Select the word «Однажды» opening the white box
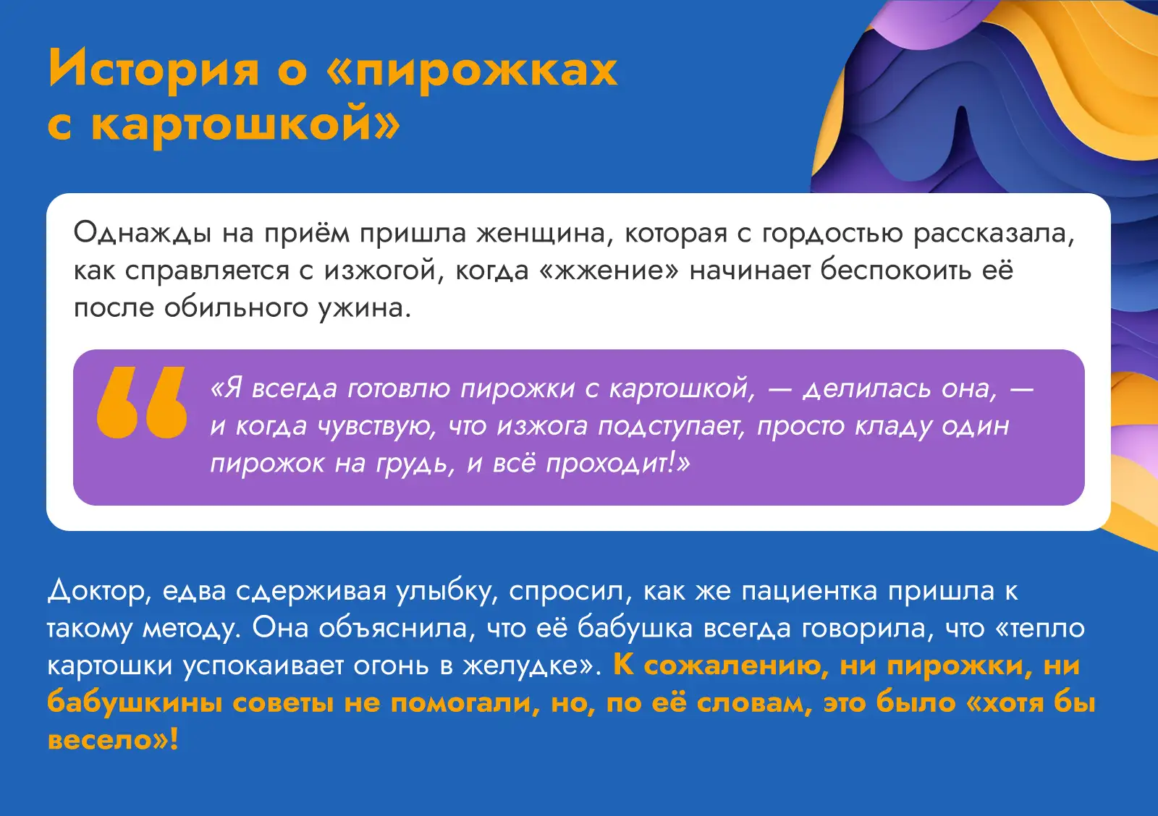coord(142,233)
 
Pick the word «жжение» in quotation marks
coord(611,271)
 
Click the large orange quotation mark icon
coord(142,402)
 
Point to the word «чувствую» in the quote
coord(376,427)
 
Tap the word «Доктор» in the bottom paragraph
coord(99,591)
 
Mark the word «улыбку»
coord(447,591)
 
